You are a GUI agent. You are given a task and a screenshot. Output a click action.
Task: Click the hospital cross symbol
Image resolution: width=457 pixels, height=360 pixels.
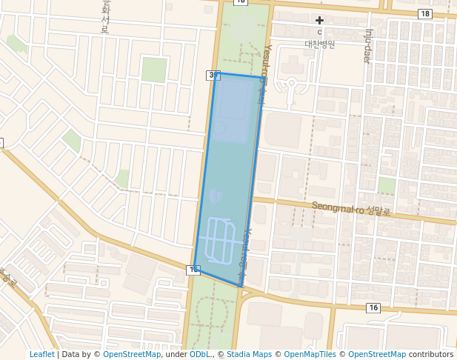[320, 20]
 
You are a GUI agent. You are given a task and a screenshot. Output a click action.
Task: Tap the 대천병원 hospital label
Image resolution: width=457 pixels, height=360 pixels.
[320, 44]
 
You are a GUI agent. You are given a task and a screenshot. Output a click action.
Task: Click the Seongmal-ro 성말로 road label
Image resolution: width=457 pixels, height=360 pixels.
[350, 210]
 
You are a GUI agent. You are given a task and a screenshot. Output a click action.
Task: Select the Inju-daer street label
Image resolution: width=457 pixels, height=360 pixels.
[367, 46]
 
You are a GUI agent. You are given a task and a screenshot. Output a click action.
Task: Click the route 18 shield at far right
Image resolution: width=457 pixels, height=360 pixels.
[424, 14]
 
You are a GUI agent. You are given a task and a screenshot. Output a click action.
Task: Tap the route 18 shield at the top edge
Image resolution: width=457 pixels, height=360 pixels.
[240, 2]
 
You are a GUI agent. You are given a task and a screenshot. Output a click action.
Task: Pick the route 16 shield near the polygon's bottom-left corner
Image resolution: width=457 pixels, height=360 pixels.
[193, 270]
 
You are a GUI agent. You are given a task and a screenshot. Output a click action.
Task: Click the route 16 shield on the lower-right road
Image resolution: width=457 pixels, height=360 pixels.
[373, 307]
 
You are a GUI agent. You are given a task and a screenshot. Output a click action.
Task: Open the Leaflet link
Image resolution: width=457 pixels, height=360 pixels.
[41, 354]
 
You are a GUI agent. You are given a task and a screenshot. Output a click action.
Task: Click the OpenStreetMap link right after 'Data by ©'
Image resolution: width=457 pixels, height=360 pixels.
[132, 354]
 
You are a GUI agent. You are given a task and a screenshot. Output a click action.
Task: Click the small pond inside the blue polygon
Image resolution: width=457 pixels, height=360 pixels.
[216, 196]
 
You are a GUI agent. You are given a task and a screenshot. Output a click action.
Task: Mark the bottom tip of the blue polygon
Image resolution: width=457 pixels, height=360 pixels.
[241, 286]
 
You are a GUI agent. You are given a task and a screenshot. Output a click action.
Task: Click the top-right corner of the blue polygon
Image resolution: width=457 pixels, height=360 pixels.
[263, 77]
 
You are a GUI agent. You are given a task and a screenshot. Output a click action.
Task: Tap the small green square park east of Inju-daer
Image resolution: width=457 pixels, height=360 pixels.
[387, 185]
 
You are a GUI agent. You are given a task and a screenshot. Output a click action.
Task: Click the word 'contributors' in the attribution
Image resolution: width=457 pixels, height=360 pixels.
[431, 354]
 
